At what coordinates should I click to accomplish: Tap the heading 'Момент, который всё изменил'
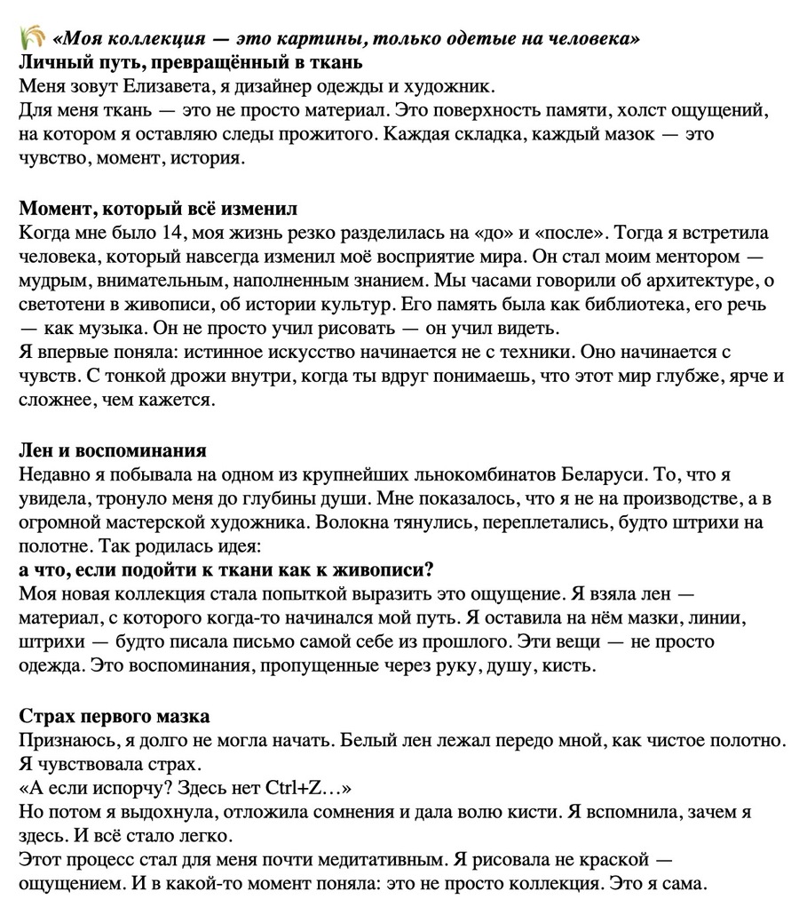point(158,209)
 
